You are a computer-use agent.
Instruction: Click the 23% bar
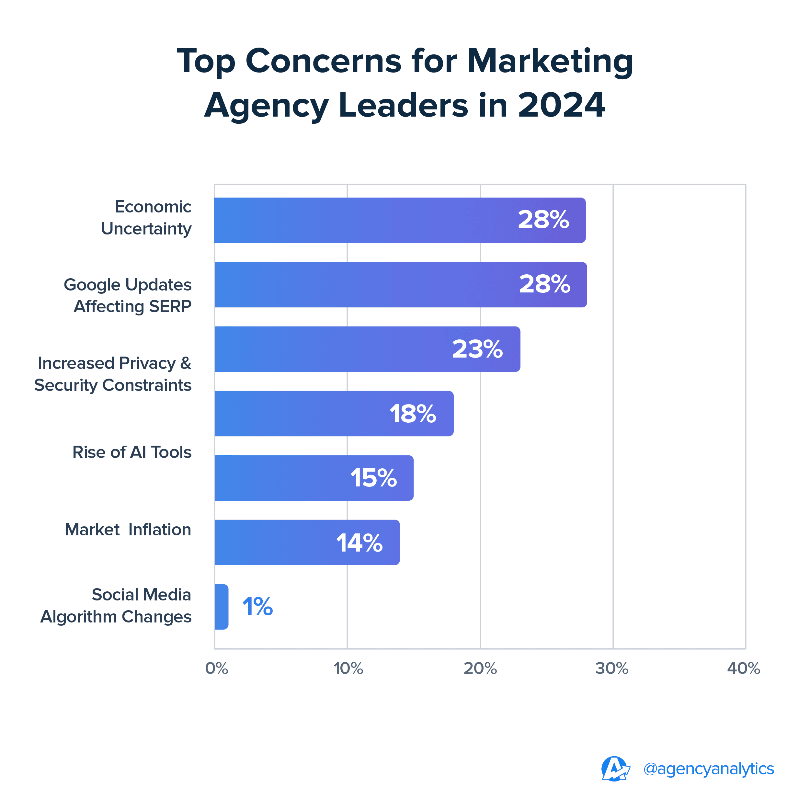pyautogui.click(x=367, y=349)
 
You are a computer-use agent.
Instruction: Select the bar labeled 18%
pyautogui.click(x=334, y=414)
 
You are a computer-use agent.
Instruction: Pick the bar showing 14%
pyautogui.click(x=307, y=542)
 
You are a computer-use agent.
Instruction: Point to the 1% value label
pyautogui.click(x=257, y=607)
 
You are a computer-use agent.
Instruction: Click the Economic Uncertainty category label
pyautogui.click(x=146, y=218)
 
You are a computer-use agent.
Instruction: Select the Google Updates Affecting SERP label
pyautogui.click(x=128, y=296)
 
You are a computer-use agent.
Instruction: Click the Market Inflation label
pyautogui.click(x=128, y=530)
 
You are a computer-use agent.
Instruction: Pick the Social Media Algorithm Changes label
pyautogui.click(x=116, y=606)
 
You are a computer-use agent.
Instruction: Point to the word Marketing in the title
pyautogui.click(x=550, y=61)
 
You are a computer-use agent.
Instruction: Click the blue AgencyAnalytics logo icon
pyautogui.click(x=615, y=769)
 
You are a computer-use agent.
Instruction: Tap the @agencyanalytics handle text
pyautogui.click(x=709, y=769)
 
